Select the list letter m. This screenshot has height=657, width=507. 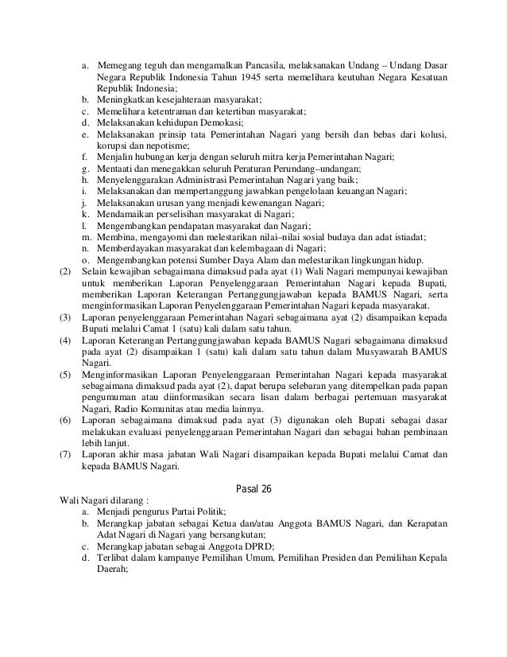coord(85,238)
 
